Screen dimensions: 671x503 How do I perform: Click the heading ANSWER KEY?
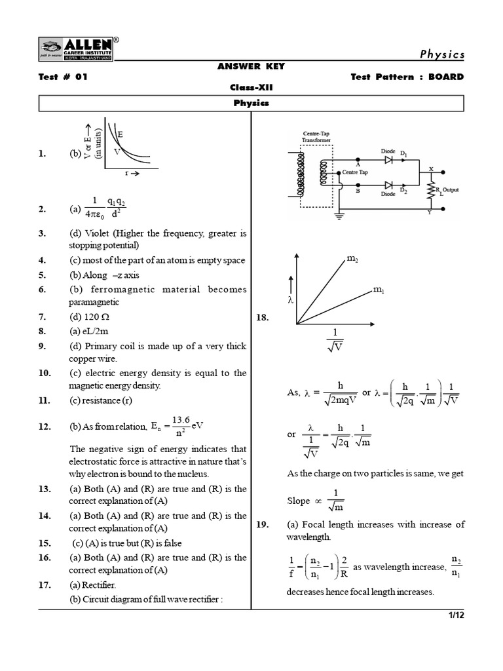coord(251,66)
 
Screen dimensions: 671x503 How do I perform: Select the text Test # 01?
coord(63,77)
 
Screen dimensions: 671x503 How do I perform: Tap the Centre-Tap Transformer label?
coord(316,137)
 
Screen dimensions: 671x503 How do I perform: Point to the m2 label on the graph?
coord(352,260)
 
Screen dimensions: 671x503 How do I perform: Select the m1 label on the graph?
coord(378,289)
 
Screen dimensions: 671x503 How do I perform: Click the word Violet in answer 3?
coord(94,233)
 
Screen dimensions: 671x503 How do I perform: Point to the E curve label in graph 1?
coord(121,133)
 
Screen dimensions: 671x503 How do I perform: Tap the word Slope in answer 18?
coord(298,501)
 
